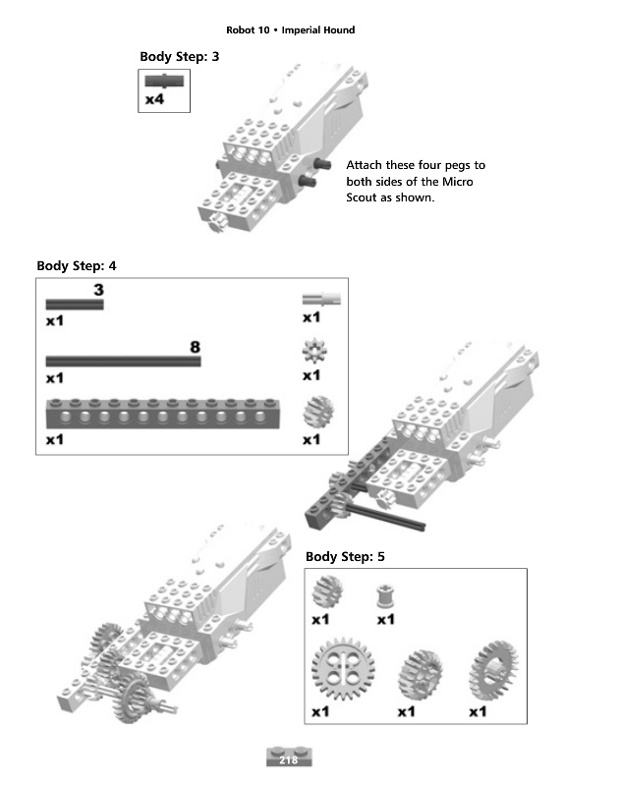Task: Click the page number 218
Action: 288,759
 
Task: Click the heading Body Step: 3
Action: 180,57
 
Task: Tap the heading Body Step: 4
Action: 77,265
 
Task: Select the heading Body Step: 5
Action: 345,556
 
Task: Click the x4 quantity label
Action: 154,99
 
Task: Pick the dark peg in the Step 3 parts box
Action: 164,82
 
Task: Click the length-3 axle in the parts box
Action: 75,305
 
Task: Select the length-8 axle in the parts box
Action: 123,361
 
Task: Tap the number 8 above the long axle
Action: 195,347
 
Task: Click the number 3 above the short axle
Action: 98,290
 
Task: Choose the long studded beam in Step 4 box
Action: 163,414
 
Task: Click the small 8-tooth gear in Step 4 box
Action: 314,351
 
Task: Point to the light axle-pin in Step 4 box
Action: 321,300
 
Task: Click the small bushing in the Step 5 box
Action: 385,596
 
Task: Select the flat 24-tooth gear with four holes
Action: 343,669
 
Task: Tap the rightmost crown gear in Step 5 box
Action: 493,671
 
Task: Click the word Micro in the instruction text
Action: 458,182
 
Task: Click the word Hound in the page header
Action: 338,30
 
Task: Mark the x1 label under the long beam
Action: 55,440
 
